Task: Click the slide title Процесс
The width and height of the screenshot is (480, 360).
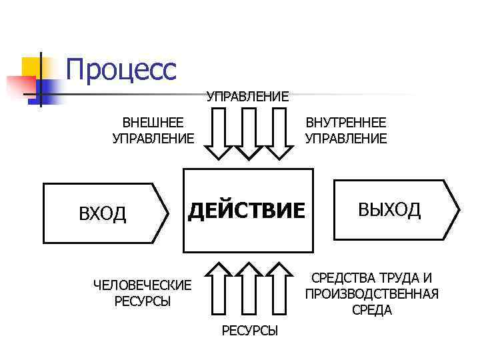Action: click(121, 69)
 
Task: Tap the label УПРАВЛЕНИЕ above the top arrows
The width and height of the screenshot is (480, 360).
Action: click(248, 97)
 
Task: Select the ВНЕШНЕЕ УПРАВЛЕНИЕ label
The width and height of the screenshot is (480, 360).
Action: click(153, 131)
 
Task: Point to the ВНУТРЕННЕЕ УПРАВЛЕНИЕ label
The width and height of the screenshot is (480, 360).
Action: click(345, 131)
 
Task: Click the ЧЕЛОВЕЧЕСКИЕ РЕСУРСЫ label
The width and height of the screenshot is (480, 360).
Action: click(142, 293)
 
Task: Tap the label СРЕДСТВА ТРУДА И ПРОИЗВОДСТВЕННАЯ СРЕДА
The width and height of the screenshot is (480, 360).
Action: click(371, 294)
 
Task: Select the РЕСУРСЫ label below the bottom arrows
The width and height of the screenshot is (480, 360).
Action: click(249, 331)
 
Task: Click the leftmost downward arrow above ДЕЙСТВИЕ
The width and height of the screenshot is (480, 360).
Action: click(218, 133)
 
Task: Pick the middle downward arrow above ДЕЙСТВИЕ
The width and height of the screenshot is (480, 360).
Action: click(248, 133)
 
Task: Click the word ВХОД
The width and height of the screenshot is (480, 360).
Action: click(102, 214)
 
